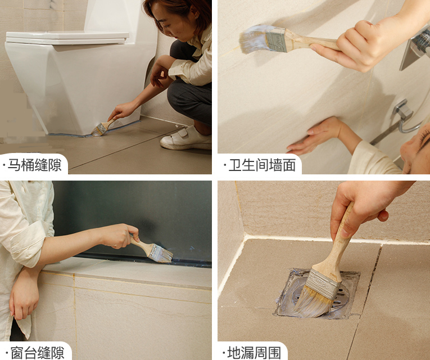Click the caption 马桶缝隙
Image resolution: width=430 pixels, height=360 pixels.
(x=34, y=165)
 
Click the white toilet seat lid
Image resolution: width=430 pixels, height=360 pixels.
(x=67, y=38)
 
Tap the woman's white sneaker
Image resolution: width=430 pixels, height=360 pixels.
(x=186, y=138)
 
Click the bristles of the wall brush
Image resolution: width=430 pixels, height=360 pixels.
(x=253, y=39)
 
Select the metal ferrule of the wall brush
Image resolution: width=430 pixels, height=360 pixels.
(x=276, y=40)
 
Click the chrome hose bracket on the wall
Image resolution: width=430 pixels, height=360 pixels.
(x=402, y=110)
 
